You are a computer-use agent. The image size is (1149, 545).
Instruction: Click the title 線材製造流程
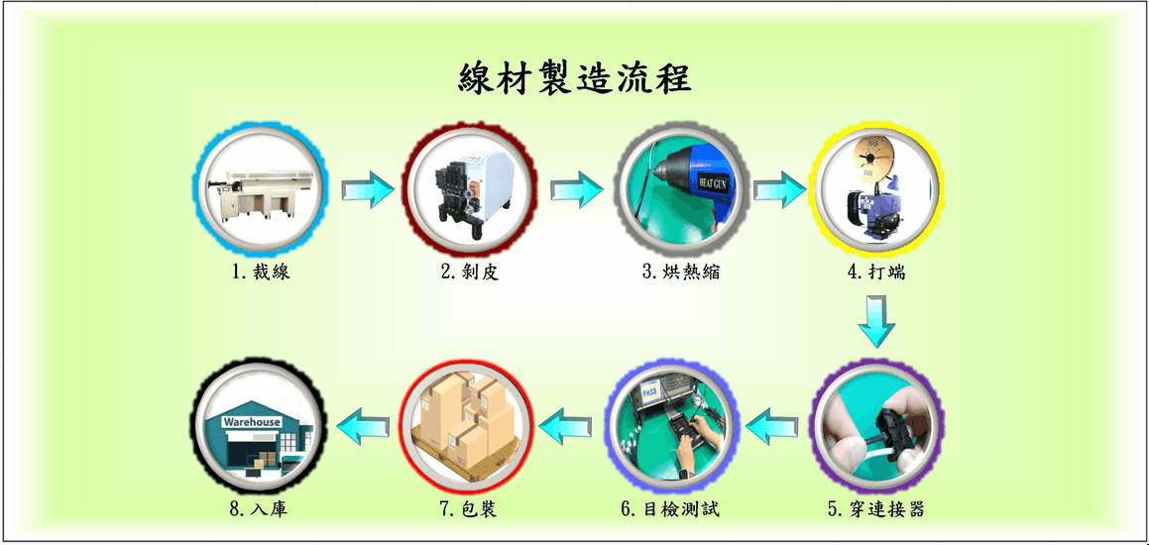[575, 77]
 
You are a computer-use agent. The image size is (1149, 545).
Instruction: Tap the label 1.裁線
[261, 272]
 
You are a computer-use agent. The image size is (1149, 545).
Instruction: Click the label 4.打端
[875, 272]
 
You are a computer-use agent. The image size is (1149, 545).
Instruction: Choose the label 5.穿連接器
[875, 508]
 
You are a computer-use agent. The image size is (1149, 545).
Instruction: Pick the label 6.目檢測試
[670, 508]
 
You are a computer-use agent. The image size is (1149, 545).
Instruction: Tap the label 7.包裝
[469, 508]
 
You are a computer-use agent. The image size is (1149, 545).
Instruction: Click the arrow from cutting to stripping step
[368, 189]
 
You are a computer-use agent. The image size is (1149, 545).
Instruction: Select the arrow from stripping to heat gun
[577, 189]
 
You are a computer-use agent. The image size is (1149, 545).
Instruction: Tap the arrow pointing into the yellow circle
[780, 189]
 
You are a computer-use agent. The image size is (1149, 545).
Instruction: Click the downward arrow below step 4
[876, 321]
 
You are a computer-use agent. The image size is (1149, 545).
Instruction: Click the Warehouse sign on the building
[252, 423]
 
